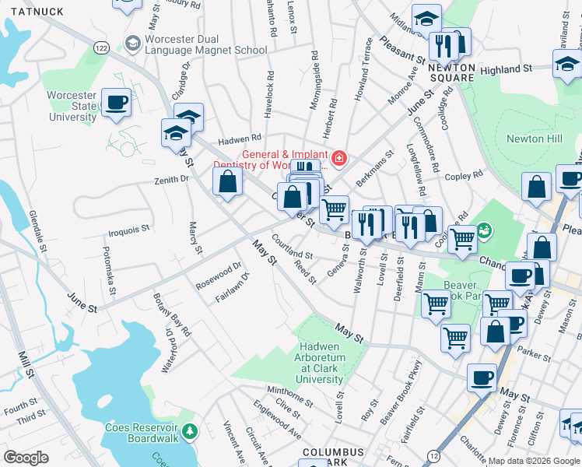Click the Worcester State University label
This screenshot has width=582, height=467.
pyautogui.click(x=72, y=106)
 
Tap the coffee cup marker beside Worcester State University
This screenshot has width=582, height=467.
pyautogui.click(x=116, y=103)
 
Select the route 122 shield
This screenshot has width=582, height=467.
pyautogui.click(x=101, y=48)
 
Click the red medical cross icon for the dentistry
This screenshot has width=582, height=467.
pyautogui.click(x=338, y=160)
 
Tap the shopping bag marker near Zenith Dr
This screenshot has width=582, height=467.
pyautogui.click(x=227, y=183)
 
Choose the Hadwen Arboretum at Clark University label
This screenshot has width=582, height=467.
pyautogui.click(x=331, y=363)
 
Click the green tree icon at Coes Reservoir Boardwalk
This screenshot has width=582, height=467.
pyautogui.click(x=188, y=430)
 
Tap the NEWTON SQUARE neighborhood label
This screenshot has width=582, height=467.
pyautogui.click(x=451, y=72)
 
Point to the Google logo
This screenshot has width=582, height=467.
pyautogui.click(x=26, y=457)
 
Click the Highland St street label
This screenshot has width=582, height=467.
pyautogui.click(x=506, y=69)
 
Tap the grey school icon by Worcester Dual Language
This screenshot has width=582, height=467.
pyautogui.click(x=132, y=42)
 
